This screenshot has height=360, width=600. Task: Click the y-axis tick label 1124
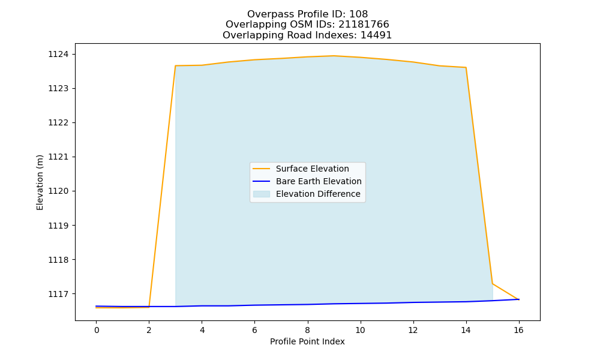(x=58, y=55)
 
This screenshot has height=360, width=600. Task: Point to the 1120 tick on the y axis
(x=58, y=191)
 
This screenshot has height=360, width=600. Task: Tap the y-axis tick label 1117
(x=58, y=294)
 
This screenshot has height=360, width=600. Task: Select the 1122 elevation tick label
(x=58, y=123)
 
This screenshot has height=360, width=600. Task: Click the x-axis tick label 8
(x=308, y=330)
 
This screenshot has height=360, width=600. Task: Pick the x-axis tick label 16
(x=518, y=330)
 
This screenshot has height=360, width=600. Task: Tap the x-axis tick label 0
(x=97, y=330)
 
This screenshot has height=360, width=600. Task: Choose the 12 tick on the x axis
(x=413, y=330)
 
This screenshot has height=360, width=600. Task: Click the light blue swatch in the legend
(x=262, y=194)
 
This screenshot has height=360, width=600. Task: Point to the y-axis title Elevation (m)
(x=40, y=182)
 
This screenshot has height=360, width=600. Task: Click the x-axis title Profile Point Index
(x=307, y=341)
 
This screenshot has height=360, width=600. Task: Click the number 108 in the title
(x=359, y=14)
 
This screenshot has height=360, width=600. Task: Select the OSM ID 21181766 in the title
(x=356, y=25)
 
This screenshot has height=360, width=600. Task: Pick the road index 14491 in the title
(x=376, y=35)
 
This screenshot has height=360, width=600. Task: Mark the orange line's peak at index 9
(x=334, y=56)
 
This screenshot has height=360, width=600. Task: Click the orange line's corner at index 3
(x=175, y=66)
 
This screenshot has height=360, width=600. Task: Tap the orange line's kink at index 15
(x=493, y=283)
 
